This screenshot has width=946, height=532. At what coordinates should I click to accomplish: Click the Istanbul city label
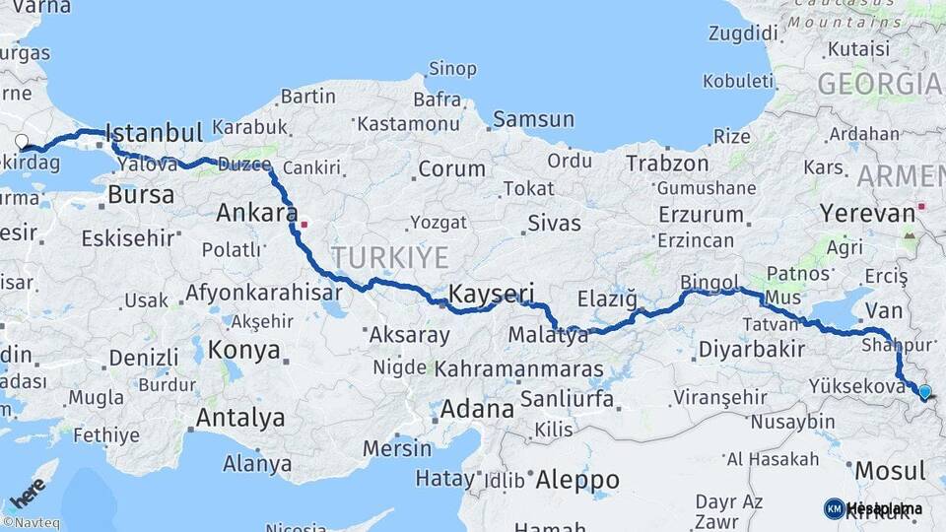coord(154,133)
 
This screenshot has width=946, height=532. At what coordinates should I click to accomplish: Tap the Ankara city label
coord(256,212)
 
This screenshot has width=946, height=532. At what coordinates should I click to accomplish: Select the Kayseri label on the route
coord(491,293)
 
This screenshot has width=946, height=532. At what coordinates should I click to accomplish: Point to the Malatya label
coord(548,335)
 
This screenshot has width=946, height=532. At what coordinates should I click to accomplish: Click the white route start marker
coord(23,141)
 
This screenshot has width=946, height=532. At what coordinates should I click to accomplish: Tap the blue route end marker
coord(924,392)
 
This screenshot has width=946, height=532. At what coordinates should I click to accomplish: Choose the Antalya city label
coord(240,418)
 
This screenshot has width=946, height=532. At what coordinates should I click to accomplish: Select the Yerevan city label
coord(867,214)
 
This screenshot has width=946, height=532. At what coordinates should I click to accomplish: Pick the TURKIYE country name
coord(389,258)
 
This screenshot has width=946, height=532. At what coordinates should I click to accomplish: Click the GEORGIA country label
coord(879,84)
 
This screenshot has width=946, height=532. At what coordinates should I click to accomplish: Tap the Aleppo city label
coord(577,480)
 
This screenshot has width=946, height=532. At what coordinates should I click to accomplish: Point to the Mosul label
coord(890,470)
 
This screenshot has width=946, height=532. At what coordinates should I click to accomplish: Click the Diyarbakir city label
coord(752,349)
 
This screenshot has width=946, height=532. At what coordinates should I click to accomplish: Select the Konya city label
coord(243,350)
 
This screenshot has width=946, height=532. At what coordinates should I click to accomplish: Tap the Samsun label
coord(533,119)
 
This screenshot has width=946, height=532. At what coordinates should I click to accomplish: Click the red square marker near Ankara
coord(305,224)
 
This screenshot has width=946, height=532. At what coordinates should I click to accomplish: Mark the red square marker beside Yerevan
coord(921,207)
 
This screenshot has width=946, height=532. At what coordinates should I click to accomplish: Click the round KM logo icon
coord(834,508)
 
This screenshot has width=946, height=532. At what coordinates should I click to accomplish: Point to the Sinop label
coord(452,68)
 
